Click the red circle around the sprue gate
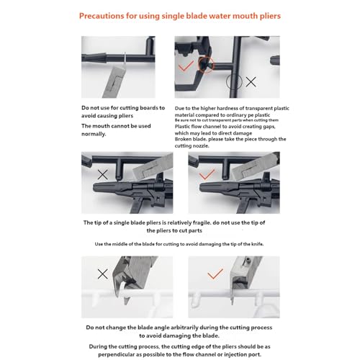(x=206, y=64)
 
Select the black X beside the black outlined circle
(x=251, y=82)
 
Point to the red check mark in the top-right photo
(x=186, y=66)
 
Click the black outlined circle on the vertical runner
(x=234, y=81)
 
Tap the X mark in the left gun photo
(x=103, y=175)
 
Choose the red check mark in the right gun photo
(x=207, y=174)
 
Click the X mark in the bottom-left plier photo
(x=103, y=274)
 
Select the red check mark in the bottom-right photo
(x=215, y=274)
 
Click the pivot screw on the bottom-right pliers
(x=248, y=260)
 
